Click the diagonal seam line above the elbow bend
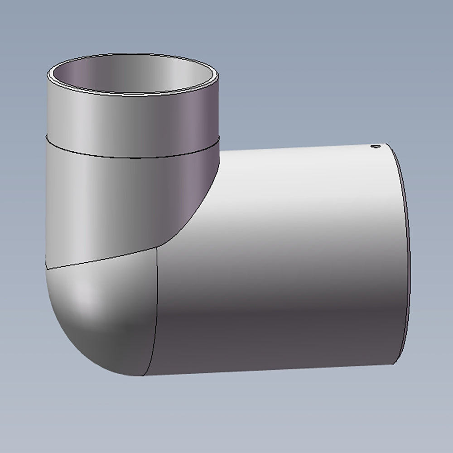104,259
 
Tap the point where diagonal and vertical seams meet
157,248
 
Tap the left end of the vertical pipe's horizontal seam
47,138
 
